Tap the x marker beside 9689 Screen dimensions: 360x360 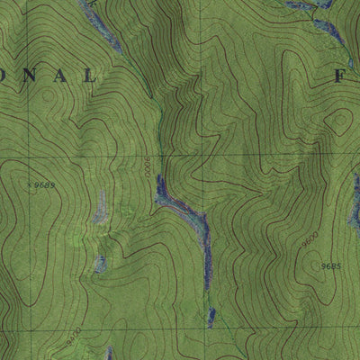[x=30, y=184]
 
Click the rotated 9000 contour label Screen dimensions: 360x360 [x=151, y=167]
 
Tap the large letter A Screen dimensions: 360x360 [x=65, y=77]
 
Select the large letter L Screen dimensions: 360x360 [x=90, y=77]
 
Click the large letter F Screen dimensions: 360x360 [x=340, y=77]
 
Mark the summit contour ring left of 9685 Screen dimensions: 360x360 [x=310, y=265]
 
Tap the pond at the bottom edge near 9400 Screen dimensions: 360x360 [x=109, y=354]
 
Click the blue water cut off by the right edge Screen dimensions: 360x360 [x=355, y=211]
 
